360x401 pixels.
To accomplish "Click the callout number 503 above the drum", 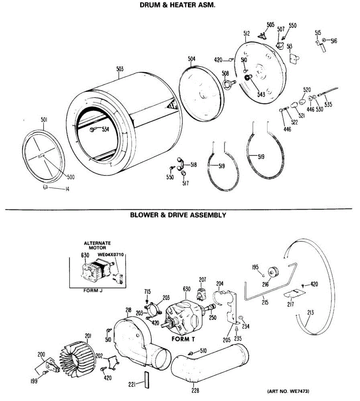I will (120, 69).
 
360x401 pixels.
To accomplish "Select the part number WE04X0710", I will (111, 255).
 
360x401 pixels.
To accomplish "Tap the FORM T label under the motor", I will (183, 339).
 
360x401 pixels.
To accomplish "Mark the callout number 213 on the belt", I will (310, 313).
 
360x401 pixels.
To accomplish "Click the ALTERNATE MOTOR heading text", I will (97, 246).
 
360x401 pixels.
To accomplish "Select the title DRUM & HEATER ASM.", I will (180, 6).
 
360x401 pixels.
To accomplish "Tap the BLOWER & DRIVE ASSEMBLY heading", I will (178, 215).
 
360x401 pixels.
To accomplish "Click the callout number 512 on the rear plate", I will (246, 34).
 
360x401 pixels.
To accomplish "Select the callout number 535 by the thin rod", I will (328, 105).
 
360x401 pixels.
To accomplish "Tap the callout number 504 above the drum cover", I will (192, 59).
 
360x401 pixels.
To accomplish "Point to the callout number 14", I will (67, 189).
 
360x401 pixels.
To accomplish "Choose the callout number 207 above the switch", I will (203, 280).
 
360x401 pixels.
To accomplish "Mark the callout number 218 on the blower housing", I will (128, 310).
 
